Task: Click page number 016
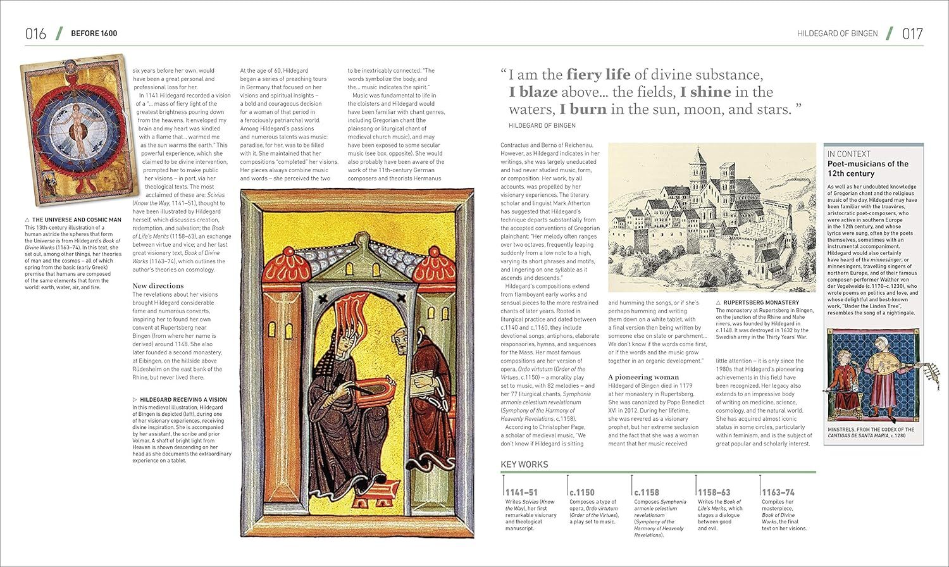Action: pyautogui.click(x=36, y=34)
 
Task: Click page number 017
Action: pyautogui.click(x=912, y=34)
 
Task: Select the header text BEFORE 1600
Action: pyautogui.click(x=94, y=34)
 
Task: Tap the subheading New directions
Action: pyautogui.click(x=158, y=285)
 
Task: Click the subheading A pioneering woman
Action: pyautogui.click(x=643, y=377)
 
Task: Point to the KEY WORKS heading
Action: pyautogui.click(x=524, y=464)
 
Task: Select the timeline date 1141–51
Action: pyautogui.click(x=521, y=492)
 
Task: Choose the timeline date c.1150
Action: pyautogui.click(x=582, y=492)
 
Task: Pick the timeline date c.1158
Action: pyautogui.click(x=647, y=492)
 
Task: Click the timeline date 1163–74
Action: pyautogui.click(x=778, y=492)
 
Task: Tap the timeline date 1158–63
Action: pyautogui.click(x=714, y=492)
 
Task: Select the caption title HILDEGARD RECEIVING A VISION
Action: pyautogui.click(x=182, y=400)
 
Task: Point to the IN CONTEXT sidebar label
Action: pyautogui.click(x=849, y=154)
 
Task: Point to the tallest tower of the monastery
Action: pyautogui.click(x=698, y=166)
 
